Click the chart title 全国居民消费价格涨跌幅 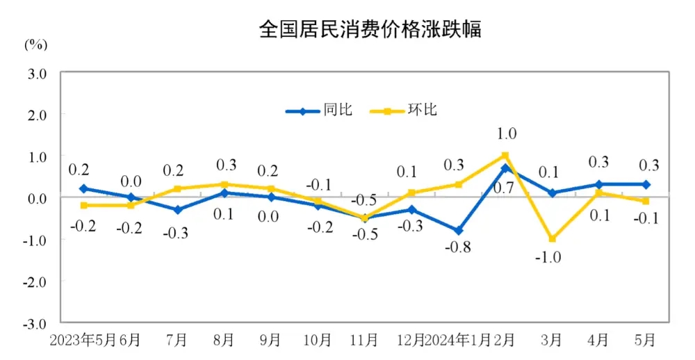(369, 29)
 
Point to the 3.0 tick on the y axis (37, 72)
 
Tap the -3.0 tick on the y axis (35, 323)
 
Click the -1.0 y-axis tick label (35, 240)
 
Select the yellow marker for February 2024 (505, 156)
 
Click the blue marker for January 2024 (458, 231)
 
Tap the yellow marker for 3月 (552, 239)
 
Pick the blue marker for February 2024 (505, 168)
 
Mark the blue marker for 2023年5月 (83, 188)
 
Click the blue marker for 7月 (177, 210)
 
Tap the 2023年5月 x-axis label (82, 341)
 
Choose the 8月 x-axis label (224, 341)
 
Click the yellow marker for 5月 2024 (646, 202)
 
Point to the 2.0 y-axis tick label (37, 114)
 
